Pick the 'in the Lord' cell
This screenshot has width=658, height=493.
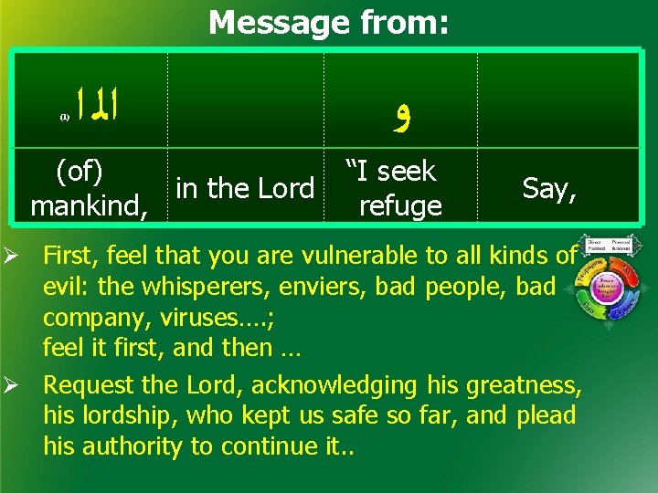tap(245, 188)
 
